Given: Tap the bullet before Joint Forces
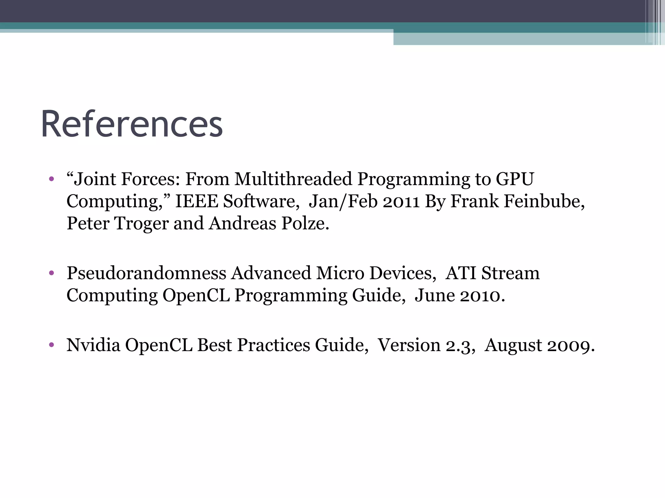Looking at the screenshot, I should (x=51, y=179).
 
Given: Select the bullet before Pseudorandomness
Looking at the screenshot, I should (x=51, y=273).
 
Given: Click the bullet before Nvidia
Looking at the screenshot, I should (x=51, y=345).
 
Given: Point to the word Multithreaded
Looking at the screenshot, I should (x=293, y=179).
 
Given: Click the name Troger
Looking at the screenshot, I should (x=141, y=224).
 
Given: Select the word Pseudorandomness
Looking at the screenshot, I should (x=146, y=273).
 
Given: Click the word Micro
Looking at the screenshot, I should (x=340, y=273).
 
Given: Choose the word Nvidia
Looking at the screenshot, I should (x=93, y=345).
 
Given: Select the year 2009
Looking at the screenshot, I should (x=571, y=345).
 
